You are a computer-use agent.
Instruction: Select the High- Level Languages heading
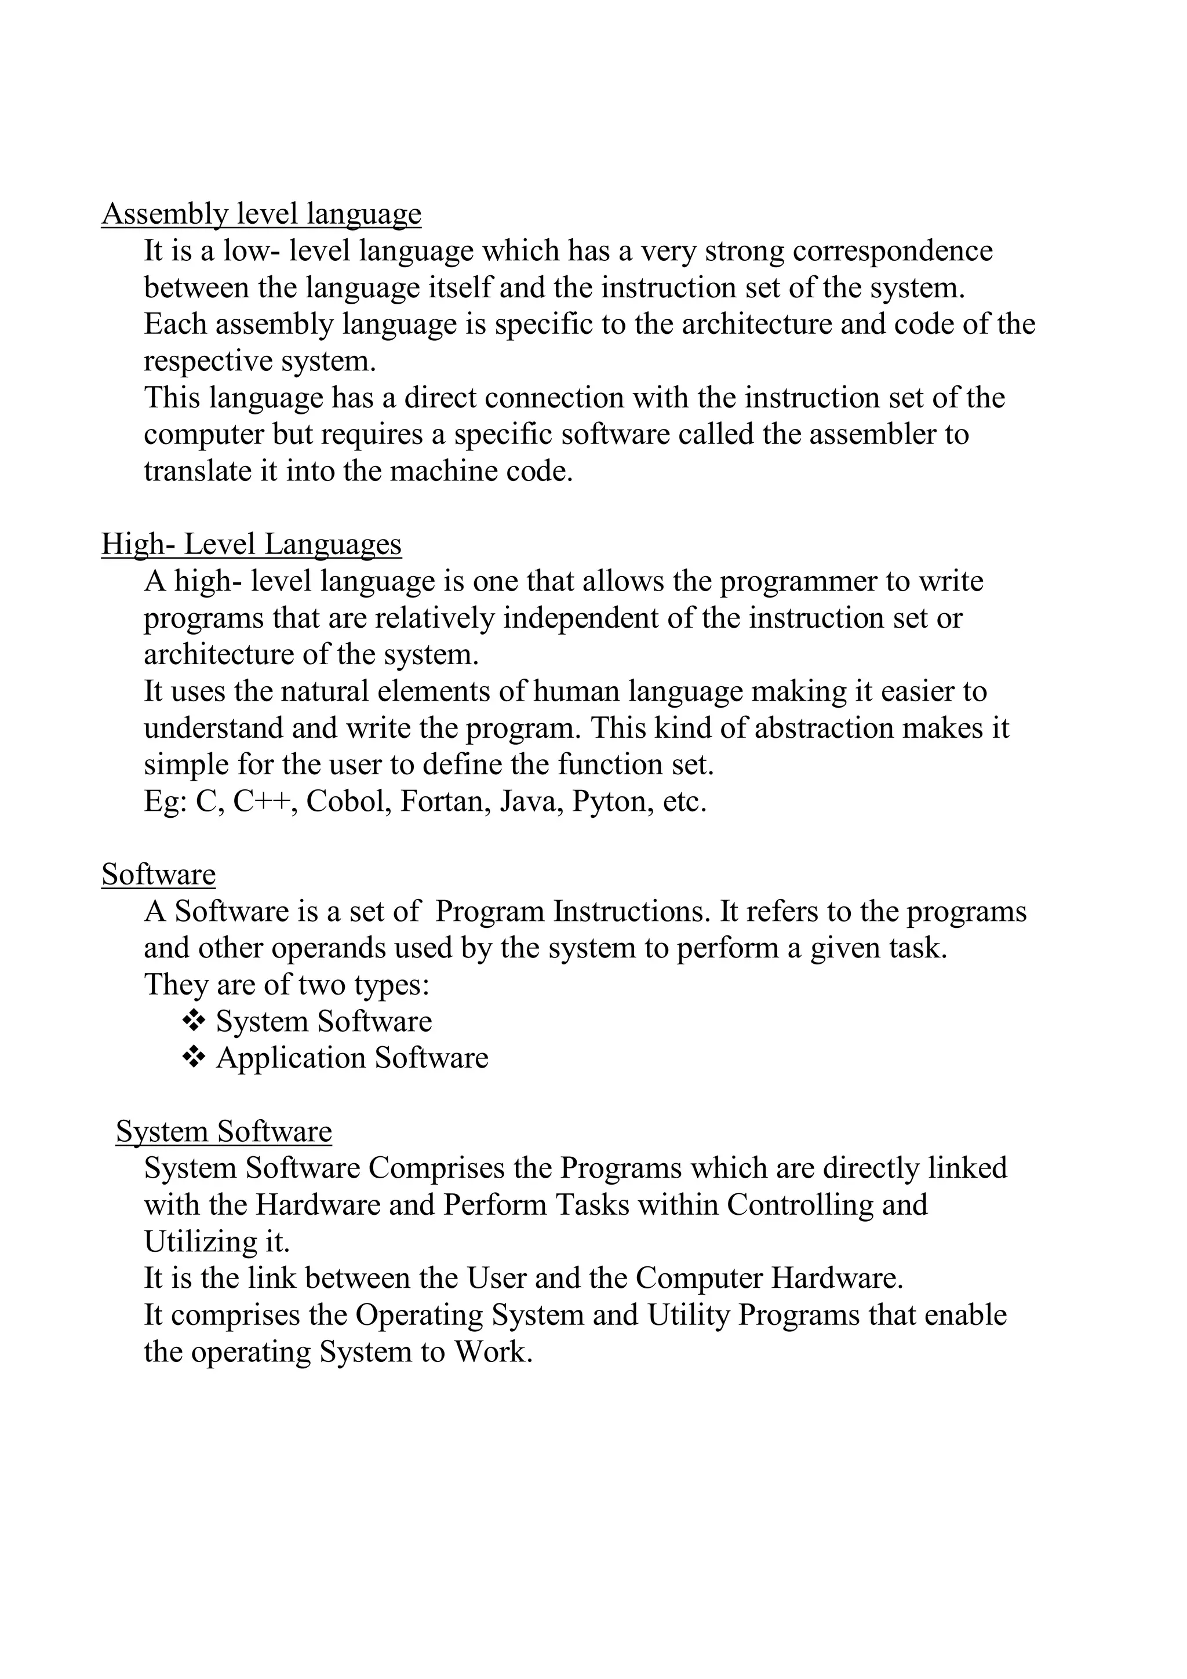click(x=251, y=544)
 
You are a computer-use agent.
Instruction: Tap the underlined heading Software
click(x=158, y=875)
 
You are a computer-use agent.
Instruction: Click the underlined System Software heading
click(x=224, y=1131)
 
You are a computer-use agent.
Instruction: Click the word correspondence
click(x=892, y=251)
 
